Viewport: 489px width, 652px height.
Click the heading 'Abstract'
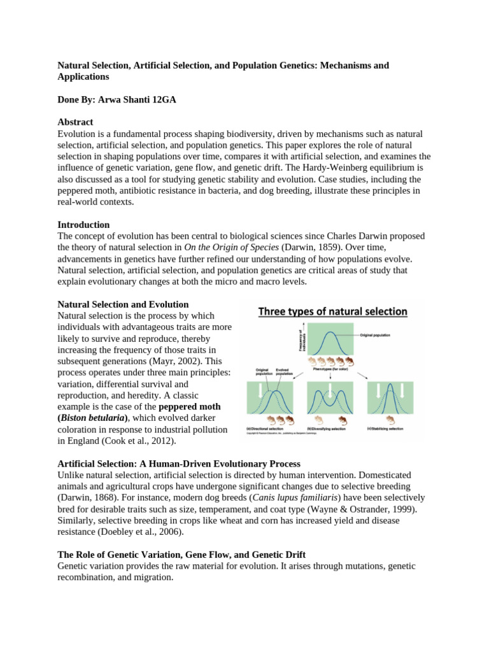[75, 122]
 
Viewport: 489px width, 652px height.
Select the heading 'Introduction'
[83, 225]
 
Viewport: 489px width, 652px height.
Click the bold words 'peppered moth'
[189, 406]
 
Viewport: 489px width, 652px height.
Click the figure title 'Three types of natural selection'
[332, 311]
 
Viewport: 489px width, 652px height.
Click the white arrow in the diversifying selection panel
[331, 390]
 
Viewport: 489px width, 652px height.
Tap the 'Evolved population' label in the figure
[285, 371]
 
